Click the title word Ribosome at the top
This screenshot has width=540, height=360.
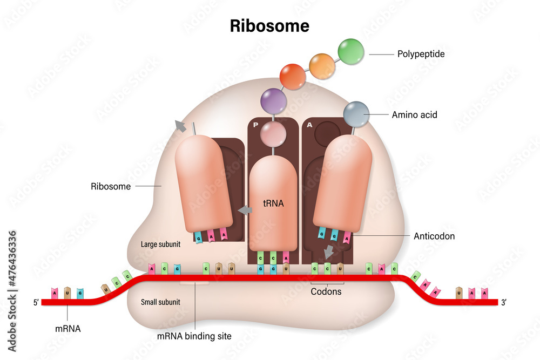269,25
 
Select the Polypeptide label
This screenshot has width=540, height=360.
421,54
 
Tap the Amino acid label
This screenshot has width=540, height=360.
414,114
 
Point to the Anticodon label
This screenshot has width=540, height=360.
434,236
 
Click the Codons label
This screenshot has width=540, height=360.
326,291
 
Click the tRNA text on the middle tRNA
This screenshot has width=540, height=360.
273,203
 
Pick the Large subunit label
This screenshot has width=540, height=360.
160,244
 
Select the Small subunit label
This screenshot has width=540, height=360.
160,302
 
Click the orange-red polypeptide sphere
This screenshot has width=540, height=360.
293,77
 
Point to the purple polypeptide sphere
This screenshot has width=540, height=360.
273,101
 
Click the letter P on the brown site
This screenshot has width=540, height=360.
255,125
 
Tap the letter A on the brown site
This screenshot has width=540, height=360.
309,125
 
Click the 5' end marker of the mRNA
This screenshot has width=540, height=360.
36,303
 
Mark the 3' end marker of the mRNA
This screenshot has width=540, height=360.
503,303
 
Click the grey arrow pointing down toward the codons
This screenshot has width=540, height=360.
328,252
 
